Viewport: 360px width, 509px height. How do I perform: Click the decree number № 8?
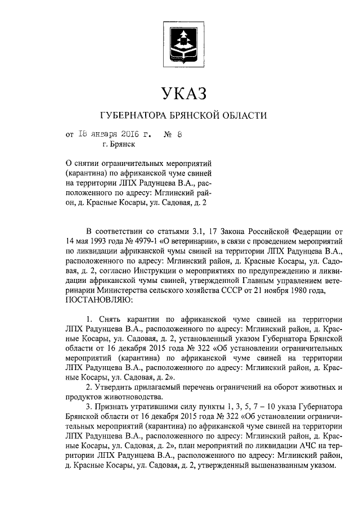(174, 134)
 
